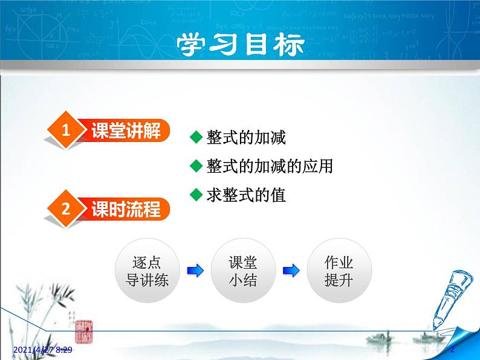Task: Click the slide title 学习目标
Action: [240, 44]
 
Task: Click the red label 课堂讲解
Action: [126, 130]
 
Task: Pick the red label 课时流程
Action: [126, 210]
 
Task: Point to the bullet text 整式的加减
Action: [245, 138]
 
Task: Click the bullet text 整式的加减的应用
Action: [269, 166]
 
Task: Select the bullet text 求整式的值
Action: [245, 195]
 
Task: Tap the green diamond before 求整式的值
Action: [195, 194]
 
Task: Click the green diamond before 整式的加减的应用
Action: [195, 166]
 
